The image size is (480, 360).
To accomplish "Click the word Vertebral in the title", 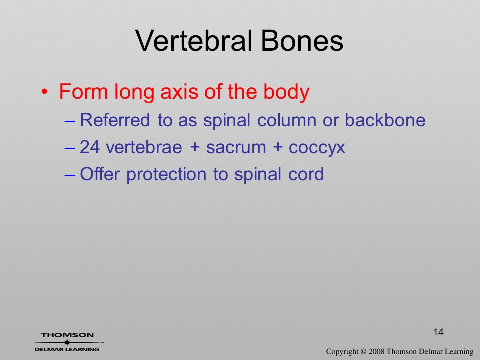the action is [194, 41].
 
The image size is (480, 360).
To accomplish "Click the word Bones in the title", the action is [302, 41].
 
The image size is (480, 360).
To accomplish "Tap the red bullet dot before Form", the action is [44, 92].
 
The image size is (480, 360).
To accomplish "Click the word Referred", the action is [115, 120].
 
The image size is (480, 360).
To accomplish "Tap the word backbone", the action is [385, 120].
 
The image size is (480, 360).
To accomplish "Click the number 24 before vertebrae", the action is [90, 147].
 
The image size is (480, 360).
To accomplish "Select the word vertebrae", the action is [144, 147].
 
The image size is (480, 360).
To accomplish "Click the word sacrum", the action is [236, 148].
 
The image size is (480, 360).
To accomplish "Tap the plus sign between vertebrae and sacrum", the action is [194, 147].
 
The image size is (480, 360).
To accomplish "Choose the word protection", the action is [167, 175].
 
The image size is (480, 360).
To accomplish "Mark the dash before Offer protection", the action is [70, 175].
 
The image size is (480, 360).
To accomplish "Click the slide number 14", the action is [438, 332].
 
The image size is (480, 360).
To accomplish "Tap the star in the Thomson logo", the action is [67, 342].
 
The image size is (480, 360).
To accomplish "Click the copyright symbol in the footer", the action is [363, 352].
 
